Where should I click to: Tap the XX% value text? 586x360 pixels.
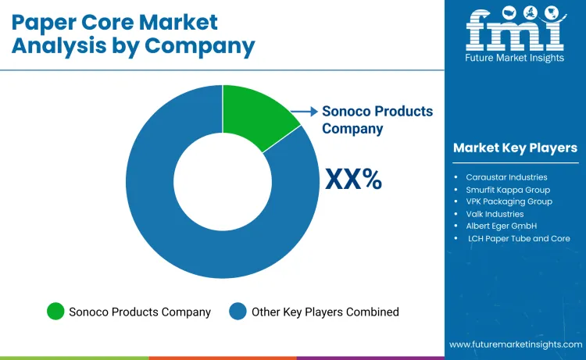[x=353, y=179]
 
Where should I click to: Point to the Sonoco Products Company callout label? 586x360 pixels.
[x=377, y=119]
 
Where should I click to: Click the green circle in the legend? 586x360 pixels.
[x=55, y=312]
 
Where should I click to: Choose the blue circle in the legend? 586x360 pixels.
[x=238, y=312]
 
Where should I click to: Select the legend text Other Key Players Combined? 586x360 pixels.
[x=325, y=312]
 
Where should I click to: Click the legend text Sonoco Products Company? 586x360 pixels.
[x=140, y=312]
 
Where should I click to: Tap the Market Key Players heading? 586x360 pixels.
[x=515, y=148]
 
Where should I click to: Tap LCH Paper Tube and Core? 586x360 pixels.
[x=519, y=238]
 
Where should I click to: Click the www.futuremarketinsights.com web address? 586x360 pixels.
[x=516, y=344]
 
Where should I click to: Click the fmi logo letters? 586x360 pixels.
[x=515, y=31]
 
